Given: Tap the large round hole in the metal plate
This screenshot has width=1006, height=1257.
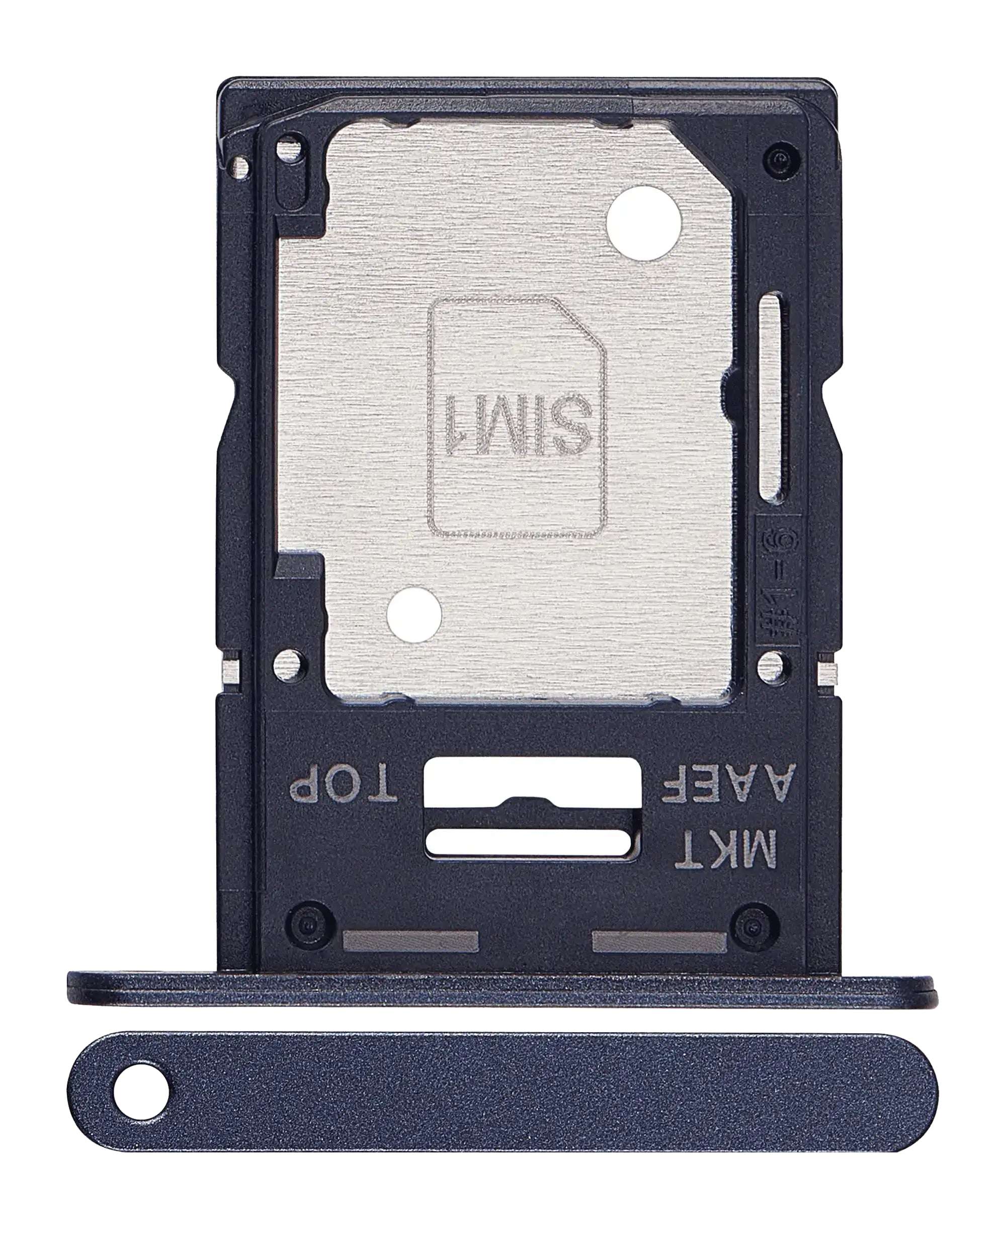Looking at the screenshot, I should [x=643, y=223].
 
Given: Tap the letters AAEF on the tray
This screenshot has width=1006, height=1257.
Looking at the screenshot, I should [x=726, y=786].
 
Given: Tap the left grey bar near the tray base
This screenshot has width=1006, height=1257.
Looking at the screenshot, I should [x=410, y=940].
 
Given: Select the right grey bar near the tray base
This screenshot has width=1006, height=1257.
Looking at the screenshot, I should [x=659, y=940].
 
